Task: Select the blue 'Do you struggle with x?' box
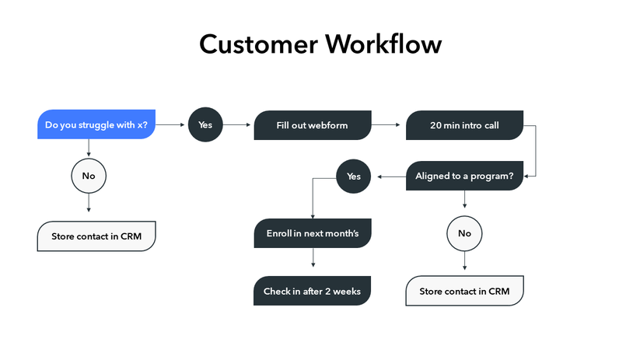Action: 96,125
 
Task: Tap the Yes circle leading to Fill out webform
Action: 205,124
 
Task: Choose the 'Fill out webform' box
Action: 312,125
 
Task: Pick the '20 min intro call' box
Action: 464,125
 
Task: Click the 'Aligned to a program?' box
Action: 464,177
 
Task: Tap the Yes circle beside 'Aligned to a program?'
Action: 354,177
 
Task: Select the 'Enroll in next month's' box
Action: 312,233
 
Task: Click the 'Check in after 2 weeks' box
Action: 312,292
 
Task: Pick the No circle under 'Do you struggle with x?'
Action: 89,176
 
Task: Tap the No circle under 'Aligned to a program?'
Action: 464,233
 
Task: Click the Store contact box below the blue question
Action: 96,236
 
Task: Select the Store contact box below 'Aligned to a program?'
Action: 464,292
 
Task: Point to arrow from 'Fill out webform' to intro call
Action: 388,124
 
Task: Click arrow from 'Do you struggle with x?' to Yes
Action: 171,124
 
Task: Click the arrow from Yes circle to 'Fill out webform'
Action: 238,124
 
